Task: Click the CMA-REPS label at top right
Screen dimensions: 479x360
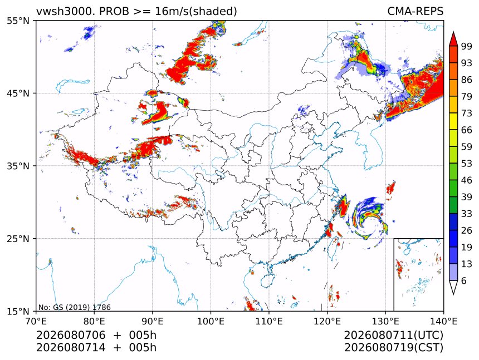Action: click(x=415, y=11)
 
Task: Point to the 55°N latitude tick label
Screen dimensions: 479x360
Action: click(x=18, y=21)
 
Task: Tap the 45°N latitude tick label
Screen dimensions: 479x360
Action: click(x=18, y=93)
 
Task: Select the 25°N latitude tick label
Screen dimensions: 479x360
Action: click(x=18, y=238)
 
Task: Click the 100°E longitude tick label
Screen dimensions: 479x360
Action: click(x=211, y=321)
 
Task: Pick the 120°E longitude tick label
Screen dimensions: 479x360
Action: click(x=327, y=321)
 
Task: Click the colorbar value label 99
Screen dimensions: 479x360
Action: click(x=467, y=46)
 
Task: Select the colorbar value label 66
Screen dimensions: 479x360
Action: click(x=467, y=130)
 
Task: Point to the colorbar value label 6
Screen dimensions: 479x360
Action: click(x=464, y=280)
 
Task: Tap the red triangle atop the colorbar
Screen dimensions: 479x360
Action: click(x=453, y=39)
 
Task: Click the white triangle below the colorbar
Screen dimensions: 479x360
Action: click(x=453, y=287)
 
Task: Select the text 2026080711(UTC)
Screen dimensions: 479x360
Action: click(x=393, y=335)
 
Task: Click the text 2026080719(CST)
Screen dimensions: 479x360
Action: click(x=393, y=348)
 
